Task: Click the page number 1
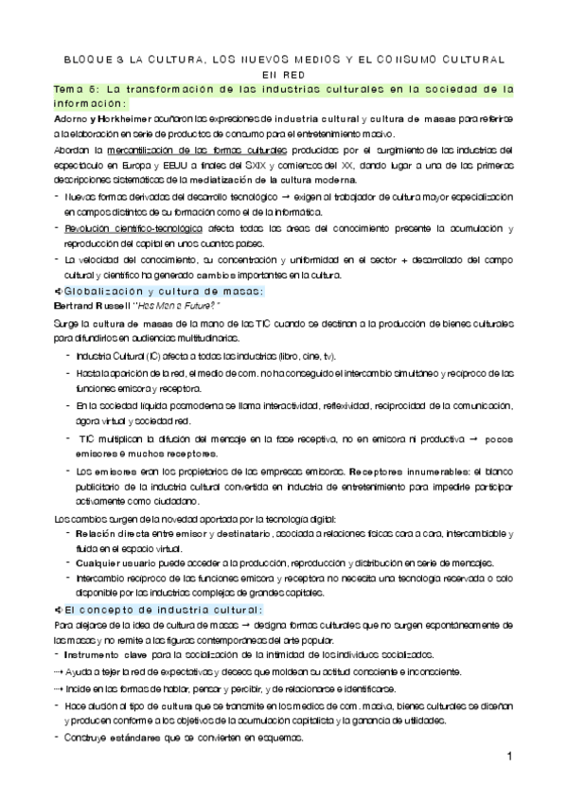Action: (x=508, y=758)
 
